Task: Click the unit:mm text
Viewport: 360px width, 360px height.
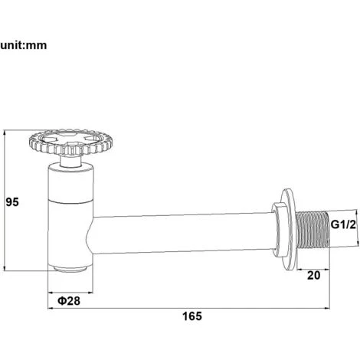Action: tap(24, 45)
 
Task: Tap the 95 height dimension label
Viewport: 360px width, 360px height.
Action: tap(12, 202)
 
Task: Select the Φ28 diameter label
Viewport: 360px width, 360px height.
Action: tap(69, 301)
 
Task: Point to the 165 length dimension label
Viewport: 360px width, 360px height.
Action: tap(192, 316)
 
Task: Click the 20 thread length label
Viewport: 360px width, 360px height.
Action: tap(313, 275)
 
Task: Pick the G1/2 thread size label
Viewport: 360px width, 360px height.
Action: tap(343, 224)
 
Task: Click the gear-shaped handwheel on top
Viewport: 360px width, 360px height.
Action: tap(71, 142)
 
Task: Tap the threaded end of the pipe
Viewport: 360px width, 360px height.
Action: tap(313, 229)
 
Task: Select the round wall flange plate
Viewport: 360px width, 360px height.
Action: tap(290, 229)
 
